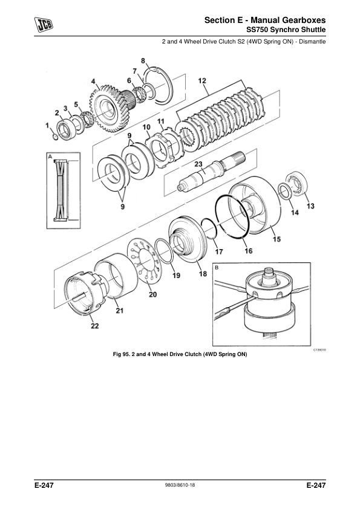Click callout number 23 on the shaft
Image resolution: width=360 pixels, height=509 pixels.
click(198, 164)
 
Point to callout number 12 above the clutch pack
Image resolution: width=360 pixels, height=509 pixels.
click(202, 80)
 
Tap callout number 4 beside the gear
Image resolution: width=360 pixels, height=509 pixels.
click(93, 81)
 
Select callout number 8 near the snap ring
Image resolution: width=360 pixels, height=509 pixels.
click(143, 60)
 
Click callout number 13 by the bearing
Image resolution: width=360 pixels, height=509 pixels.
click(310, 206)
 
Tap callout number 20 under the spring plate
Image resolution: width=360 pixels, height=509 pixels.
click(152, 294)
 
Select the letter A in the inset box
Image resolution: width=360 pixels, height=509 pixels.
click(50, 157)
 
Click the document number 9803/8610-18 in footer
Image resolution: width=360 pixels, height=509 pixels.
click(180, 485)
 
